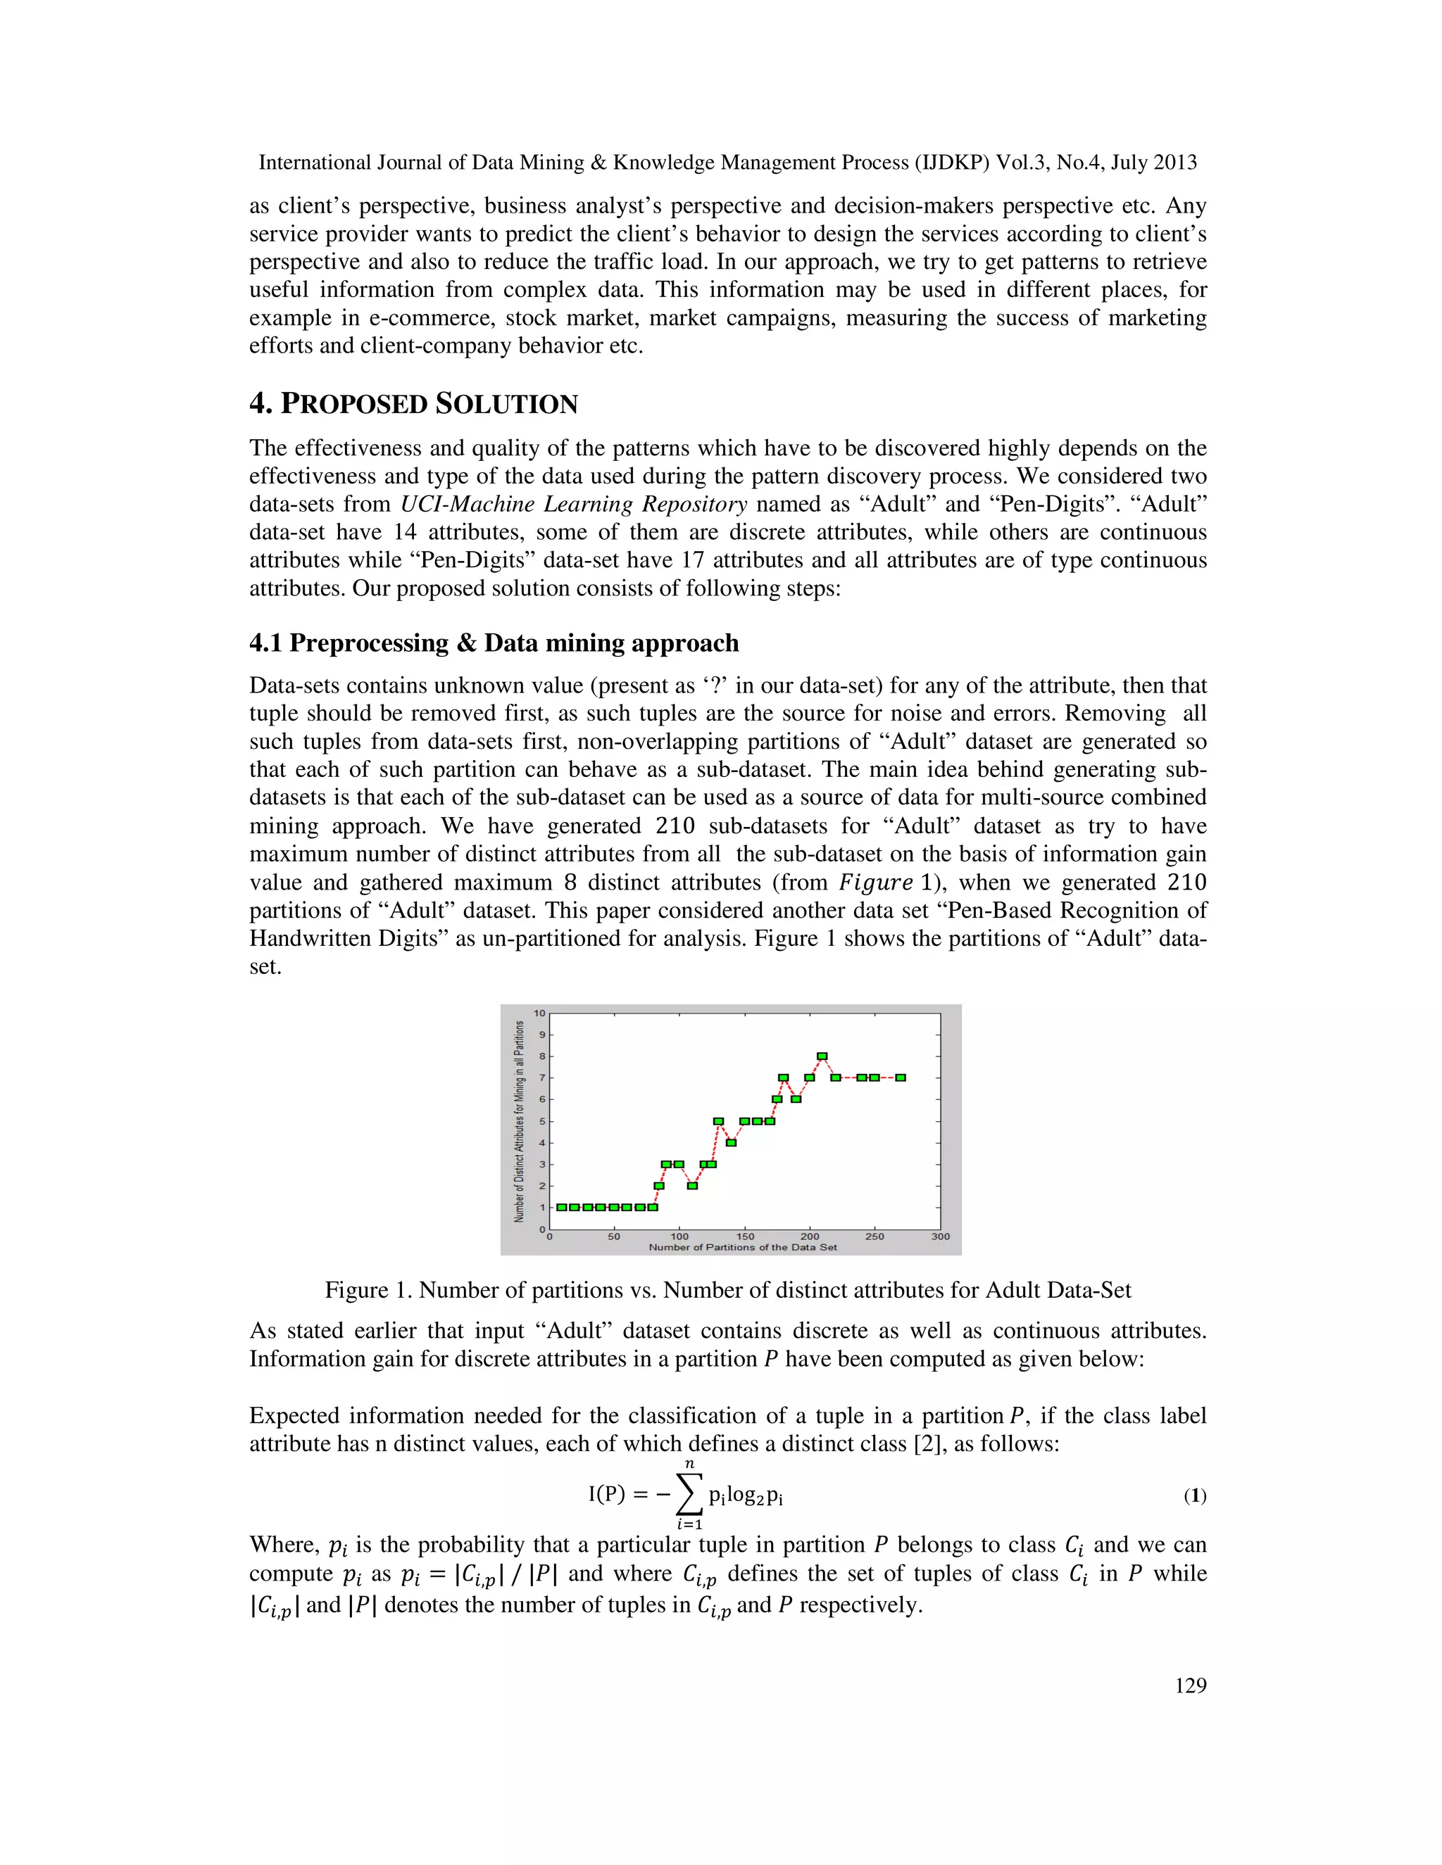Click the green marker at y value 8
coord(822,1056)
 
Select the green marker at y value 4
coord(732,1142)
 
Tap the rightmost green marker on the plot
coord(901,1077)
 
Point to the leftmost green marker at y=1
coord(561,1208)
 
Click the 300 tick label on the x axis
coord(941,1237)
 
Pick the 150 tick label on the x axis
coord(745,1237)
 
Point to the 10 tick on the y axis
coord(539,1013)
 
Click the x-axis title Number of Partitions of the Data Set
coord(742,1248)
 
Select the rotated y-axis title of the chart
coord(518,1121)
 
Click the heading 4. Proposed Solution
coord(413,404)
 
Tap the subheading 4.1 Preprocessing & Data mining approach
coord(494,643)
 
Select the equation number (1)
coord(1194,1496)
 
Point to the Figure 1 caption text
coord(728,1290)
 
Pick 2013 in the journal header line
coord(1174,163)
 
